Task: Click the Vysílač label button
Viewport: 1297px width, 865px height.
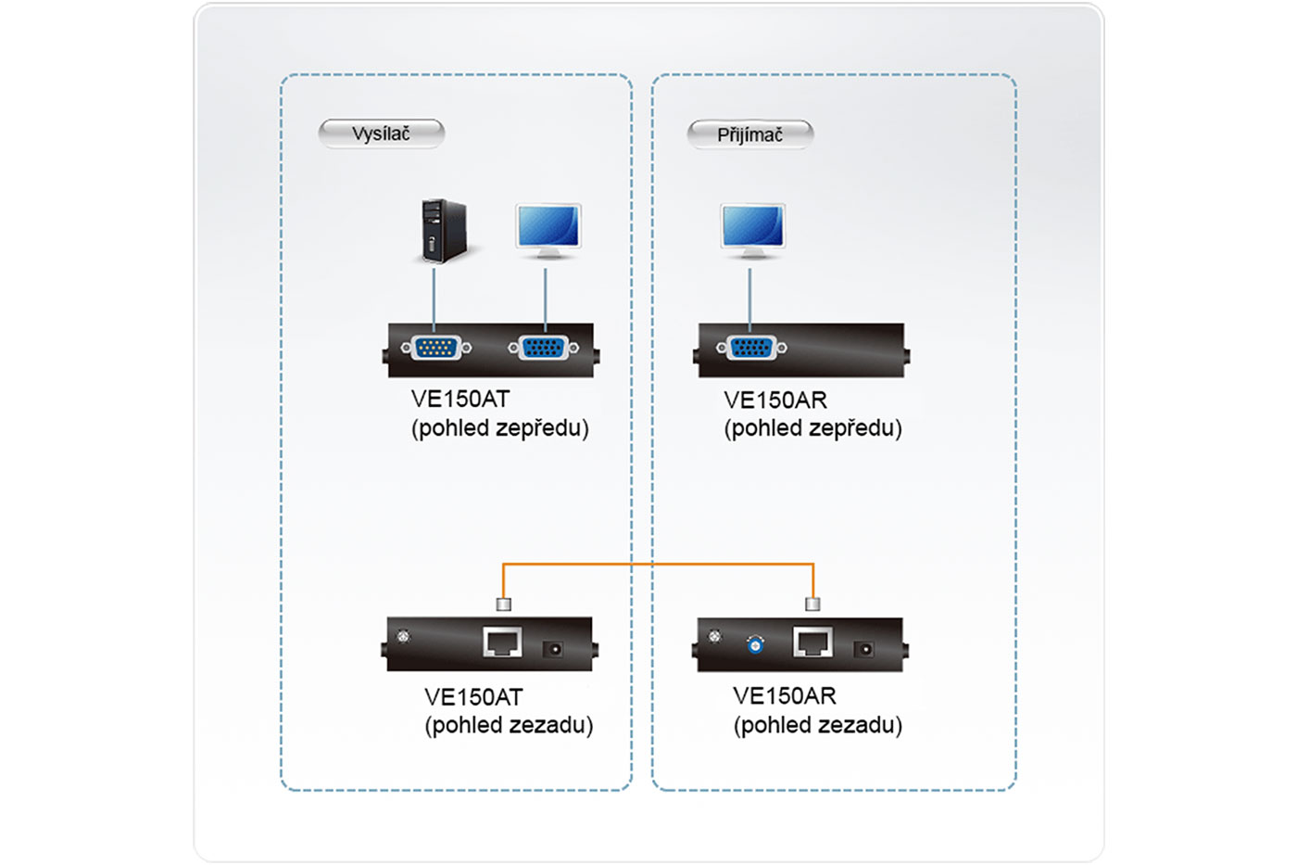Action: (381, 134)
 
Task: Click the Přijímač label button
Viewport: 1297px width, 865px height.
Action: (749, 135)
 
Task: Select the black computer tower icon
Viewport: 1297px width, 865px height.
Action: (443, 231)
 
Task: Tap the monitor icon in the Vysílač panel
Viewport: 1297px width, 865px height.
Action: (548, 230)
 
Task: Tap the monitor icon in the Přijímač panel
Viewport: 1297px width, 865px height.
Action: (753, 230)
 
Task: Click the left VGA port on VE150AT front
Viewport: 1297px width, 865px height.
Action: (435, 348)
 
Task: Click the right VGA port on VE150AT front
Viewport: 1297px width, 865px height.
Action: (544, 348)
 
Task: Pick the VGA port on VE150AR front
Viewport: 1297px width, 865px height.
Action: (750, 348)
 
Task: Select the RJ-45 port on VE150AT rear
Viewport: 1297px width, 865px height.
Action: (502, 642)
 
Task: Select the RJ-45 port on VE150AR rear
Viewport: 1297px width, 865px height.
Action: (812, 642)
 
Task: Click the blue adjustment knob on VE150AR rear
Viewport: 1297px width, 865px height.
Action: (755, 645)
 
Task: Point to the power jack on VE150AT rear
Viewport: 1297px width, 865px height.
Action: (555, 649)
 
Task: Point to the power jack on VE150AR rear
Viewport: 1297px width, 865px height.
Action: (865, 649)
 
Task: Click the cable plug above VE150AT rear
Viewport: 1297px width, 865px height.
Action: (503, 604)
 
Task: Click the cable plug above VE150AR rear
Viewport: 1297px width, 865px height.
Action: (812, 604)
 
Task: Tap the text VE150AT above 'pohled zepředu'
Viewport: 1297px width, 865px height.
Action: (460, 400)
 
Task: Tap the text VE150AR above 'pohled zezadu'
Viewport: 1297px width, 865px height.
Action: (784, 696)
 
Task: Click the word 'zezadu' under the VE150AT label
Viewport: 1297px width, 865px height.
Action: (551, 725)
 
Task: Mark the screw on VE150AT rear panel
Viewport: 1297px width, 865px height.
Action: (403, 636)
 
